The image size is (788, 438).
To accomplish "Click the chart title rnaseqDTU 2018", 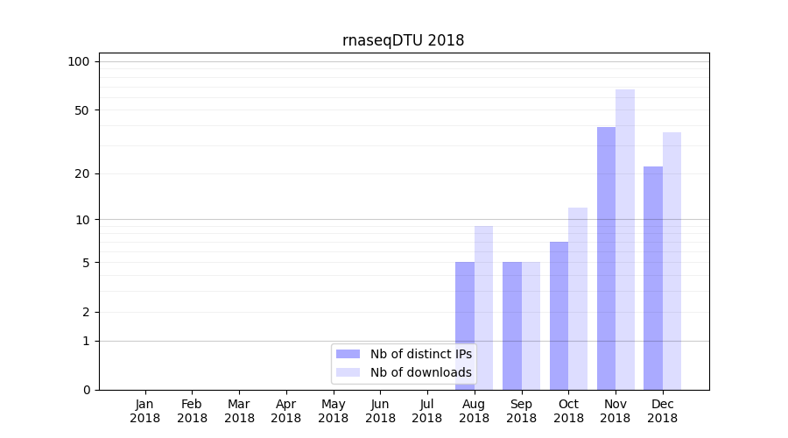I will (403, 40).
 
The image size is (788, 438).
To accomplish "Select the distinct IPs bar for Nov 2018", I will (606, 258).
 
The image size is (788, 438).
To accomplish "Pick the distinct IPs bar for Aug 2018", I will (465, 326).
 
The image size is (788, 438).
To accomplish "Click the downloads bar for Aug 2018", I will (483, 307).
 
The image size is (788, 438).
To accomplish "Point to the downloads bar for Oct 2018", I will (578, 299).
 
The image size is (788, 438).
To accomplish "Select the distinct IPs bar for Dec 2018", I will (653, 278).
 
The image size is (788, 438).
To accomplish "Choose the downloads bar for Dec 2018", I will (672, 261).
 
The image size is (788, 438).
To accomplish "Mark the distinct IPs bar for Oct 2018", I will (559, 315).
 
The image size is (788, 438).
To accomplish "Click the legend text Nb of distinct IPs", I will (420, 354).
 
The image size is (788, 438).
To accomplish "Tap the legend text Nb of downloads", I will (420, 372).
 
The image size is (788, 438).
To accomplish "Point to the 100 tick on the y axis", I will (79, 61).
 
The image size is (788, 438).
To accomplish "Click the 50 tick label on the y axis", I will (81, 110).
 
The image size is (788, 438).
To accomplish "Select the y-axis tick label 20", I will (81, 173).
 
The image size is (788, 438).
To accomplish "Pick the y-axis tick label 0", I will (86, 390).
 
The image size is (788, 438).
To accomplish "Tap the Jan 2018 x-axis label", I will (144, 411).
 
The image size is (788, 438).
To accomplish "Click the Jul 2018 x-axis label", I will (427, 411).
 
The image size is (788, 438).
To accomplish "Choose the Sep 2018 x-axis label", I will (521, 411).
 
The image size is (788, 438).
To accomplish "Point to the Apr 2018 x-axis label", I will (286, 411).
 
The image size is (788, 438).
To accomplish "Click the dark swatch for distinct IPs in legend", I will (348, 354).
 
